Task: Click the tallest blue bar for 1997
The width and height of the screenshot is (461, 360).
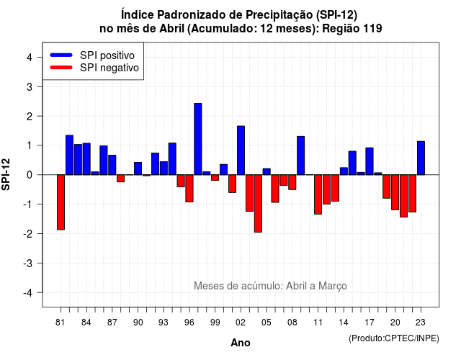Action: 198,139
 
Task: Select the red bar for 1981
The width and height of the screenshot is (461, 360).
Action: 61,202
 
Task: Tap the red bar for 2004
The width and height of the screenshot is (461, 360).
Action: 258,203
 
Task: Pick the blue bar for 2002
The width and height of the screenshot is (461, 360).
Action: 241,150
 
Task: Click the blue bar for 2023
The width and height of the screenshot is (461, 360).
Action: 421,158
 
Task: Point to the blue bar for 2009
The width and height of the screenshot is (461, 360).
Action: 301,156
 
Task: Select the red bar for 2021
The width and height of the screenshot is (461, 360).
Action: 403,196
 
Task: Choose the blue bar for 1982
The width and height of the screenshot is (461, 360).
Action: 69,156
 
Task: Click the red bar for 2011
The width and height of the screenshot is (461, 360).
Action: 318,194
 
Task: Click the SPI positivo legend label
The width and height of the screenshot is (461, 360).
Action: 107,55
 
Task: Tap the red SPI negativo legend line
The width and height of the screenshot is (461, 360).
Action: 61,68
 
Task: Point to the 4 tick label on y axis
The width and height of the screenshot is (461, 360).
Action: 30,58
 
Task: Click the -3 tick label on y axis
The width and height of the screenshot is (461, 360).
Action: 28,263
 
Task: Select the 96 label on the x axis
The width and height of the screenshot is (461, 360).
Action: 189,323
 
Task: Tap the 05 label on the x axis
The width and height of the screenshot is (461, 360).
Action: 267,323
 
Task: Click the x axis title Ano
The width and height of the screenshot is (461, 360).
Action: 241,343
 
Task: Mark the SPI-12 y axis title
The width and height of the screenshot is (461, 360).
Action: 6,174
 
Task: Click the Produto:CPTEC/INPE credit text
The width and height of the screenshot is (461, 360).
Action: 394,338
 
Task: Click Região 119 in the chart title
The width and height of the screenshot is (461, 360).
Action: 352,29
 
